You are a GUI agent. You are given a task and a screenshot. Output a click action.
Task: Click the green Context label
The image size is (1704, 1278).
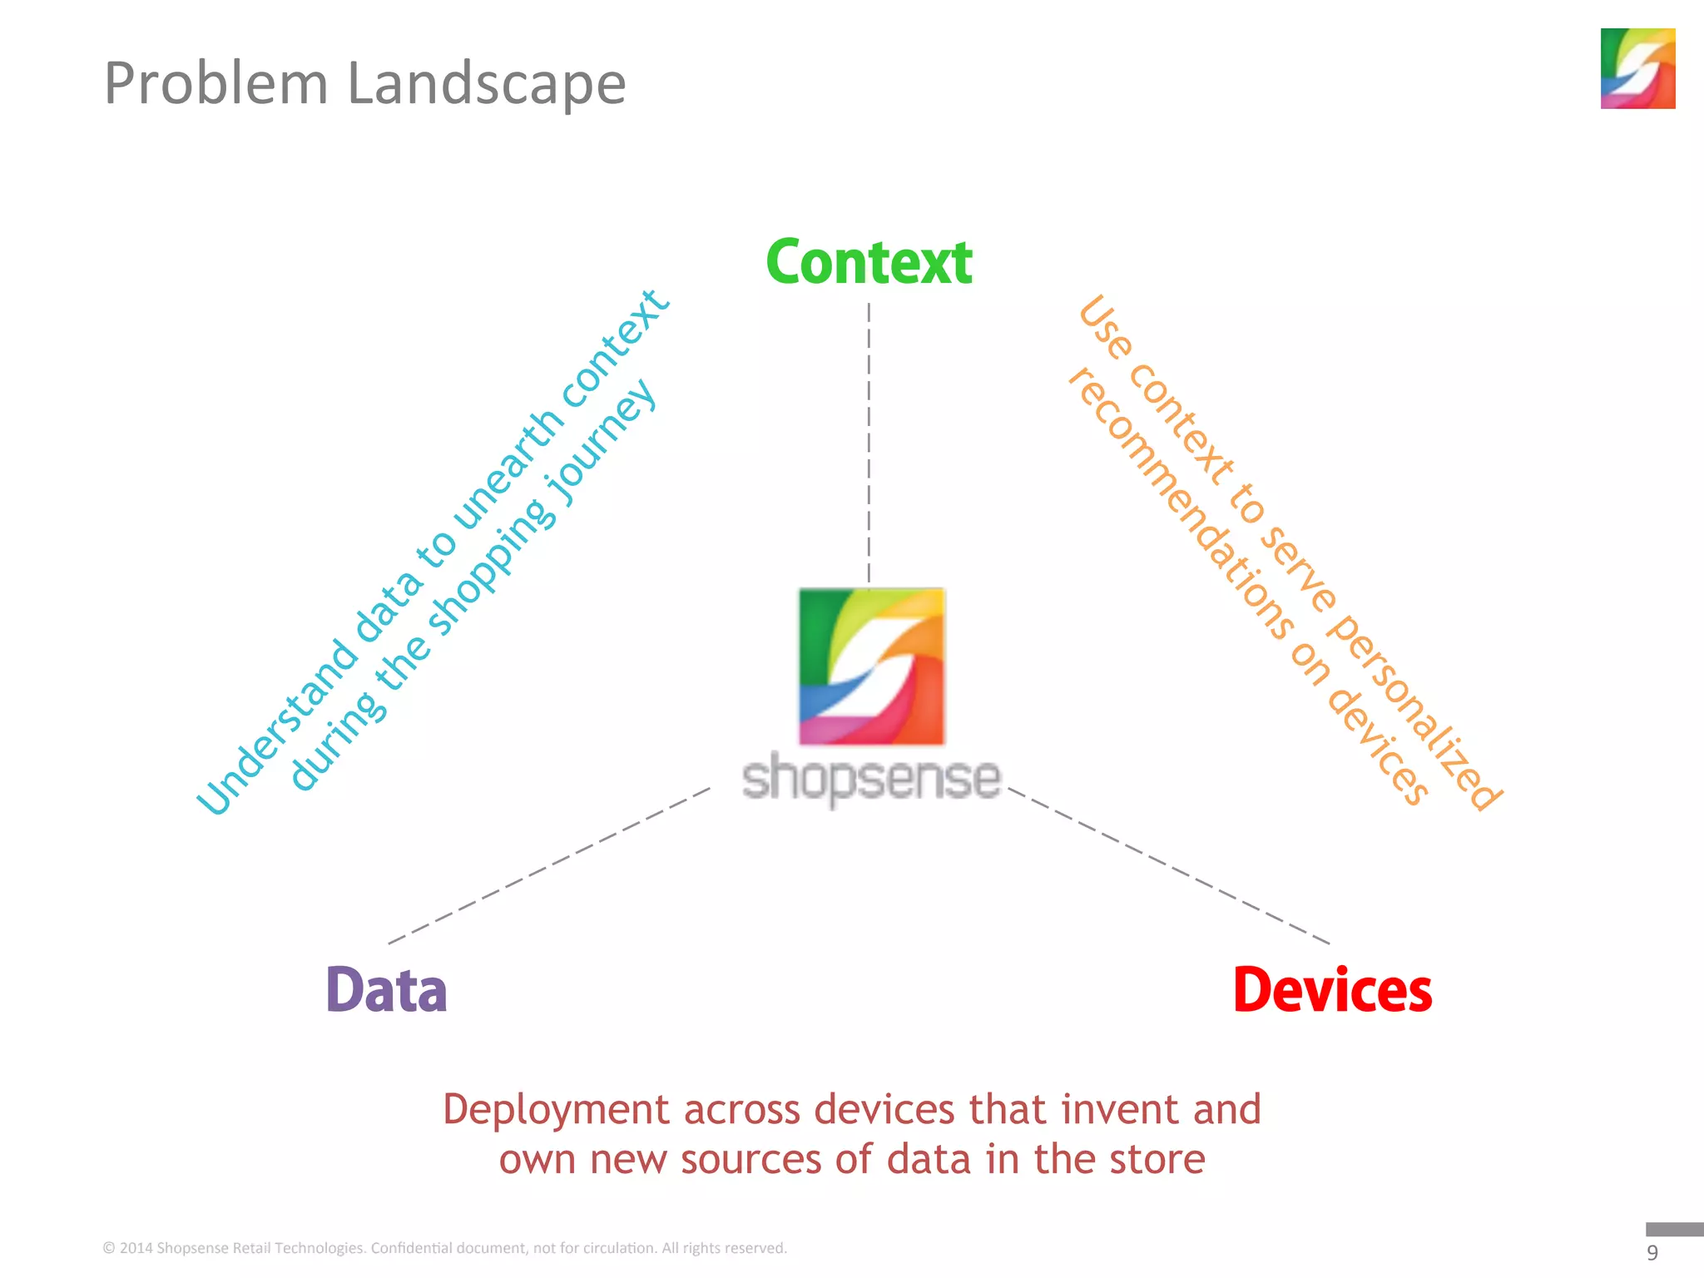coord(869,263)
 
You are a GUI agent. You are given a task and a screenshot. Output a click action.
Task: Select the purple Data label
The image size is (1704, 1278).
coord(386,990)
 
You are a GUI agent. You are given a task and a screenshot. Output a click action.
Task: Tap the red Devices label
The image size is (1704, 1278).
coord(1332,990)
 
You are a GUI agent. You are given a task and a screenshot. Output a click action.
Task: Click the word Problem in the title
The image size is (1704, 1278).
coord(216,84)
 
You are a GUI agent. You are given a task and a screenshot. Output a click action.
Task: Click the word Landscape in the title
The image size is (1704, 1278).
coord(486,84)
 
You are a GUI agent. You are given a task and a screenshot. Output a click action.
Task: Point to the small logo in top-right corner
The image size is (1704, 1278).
coord(1637,68)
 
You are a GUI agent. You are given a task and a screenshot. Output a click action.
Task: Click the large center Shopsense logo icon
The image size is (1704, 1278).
coord(871,666)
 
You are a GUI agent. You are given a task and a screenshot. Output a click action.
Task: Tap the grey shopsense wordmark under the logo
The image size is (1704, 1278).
coord(871,779)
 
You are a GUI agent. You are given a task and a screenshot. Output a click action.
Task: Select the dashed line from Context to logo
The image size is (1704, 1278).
coord(869,441)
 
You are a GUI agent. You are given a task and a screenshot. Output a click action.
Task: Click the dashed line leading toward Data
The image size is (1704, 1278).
coord(549,865)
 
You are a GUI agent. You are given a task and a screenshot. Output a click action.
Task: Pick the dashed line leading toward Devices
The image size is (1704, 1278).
coord(1169,865)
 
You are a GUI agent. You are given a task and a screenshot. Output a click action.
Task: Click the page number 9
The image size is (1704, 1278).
coord(1652,1253)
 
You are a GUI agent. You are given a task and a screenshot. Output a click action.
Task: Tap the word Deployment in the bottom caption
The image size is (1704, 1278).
coord(556,1110)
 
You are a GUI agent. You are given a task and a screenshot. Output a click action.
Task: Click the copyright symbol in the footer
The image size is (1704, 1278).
coord(109,1248)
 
